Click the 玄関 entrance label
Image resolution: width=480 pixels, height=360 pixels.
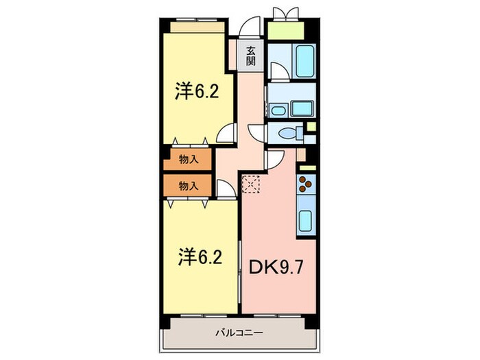[251, 54]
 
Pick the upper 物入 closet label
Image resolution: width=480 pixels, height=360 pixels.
[189, 160]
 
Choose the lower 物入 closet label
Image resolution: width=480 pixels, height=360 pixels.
[189, 185]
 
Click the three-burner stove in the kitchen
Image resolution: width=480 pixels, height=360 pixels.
[305, 185]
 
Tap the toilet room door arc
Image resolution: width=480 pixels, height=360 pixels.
[255, 132]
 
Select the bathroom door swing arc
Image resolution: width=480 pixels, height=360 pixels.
[278, 71]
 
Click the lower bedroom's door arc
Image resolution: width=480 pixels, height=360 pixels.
[226, 189]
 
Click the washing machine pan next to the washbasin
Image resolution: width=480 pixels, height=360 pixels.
[301, 108]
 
